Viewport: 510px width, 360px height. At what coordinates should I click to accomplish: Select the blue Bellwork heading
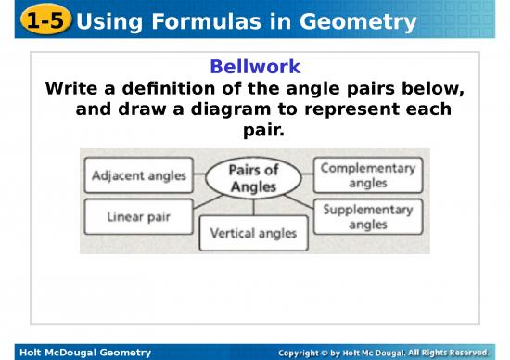click(254, 67)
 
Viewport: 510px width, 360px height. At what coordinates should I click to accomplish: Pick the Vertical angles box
click(253, 233)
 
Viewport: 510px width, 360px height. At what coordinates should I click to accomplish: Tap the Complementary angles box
click(368, 175)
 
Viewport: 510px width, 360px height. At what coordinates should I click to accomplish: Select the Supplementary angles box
click(368, 216)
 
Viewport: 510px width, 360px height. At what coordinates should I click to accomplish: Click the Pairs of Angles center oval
click(253, 178)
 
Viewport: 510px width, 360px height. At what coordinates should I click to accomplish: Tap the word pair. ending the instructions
click(253, 130)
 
